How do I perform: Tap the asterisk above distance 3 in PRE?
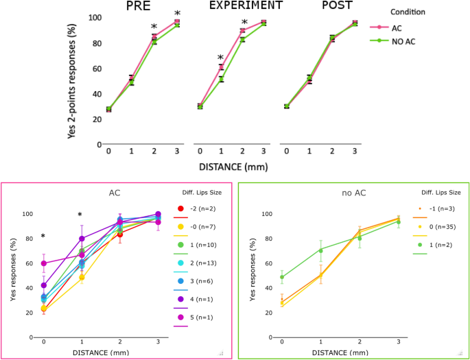pos(178,14)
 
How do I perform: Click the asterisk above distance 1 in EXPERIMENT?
pos(220,58)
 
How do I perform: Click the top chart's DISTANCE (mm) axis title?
pos(233,166)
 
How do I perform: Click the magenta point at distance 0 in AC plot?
pos(44,263)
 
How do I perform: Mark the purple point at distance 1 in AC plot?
pos(82,239)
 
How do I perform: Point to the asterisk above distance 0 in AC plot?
pos(43,237)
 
